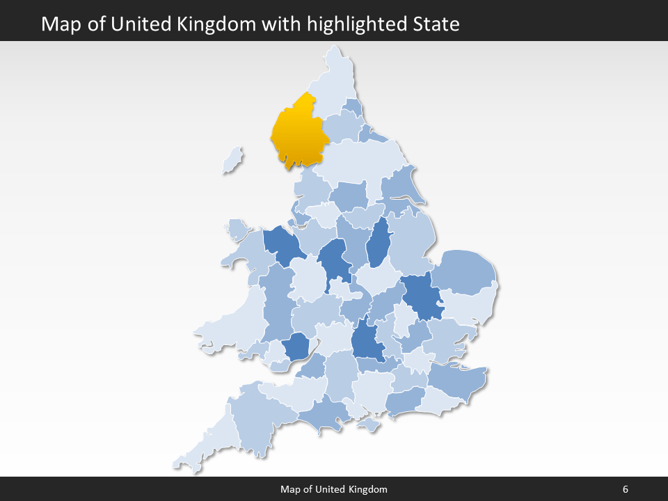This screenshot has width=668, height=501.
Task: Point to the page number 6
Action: [x=625, y=489]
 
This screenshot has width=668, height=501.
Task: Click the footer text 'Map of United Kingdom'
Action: [x=334, y=489]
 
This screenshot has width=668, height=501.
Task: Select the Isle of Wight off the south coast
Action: [x=369, y=424]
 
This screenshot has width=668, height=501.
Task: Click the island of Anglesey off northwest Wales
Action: [x=237, y=228]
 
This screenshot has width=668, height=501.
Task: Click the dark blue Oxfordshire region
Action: [x=366, y=341]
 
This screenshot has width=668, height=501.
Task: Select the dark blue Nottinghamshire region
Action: [x=378, y=244]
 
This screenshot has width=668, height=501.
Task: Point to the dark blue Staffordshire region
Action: [x=333, y=259]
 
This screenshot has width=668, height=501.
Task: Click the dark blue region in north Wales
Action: [x=283, y=244]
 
